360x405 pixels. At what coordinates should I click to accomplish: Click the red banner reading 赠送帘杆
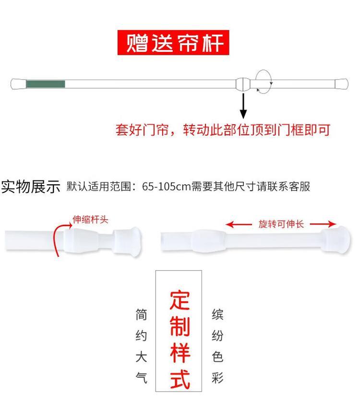click(x=173, y=43)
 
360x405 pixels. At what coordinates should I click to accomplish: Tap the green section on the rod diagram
click(x=46, y=84)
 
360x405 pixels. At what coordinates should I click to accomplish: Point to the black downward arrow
click(x=243, y=106)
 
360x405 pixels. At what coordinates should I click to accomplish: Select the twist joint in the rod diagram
click(x=243, y=84)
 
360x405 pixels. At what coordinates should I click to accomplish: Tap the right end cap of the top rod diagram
click(x=342, y=84)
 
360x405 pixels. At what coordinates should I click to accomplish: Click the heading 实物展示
click(x=31, y=187)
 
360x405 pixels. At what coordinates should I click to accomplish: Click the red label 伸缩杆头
click(x=90, y=220)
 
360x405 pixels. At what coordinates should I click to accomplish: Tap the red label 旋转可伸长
click(x=281, y=224)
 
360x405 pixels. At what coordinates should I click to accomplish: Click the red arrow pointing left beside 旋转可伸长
click(x=239, y=225)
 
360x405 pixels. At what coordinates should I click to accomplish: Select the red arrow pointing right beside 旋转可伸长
click(x=323, y=224)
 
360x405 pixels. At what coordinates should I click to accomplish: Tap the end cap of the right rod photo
click(x=336, y=240)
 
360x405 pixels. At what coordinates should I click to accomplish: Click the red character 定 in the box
click(x=180, y=300)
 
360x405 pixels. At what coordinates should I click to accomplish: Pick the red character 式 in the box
click(x=180, y=380)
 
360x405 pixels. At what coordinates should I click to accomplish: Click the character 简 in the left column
click(x=142, y=315)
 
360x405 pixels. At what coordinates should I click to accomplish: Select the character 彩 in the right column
click(x=217, y=378)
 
